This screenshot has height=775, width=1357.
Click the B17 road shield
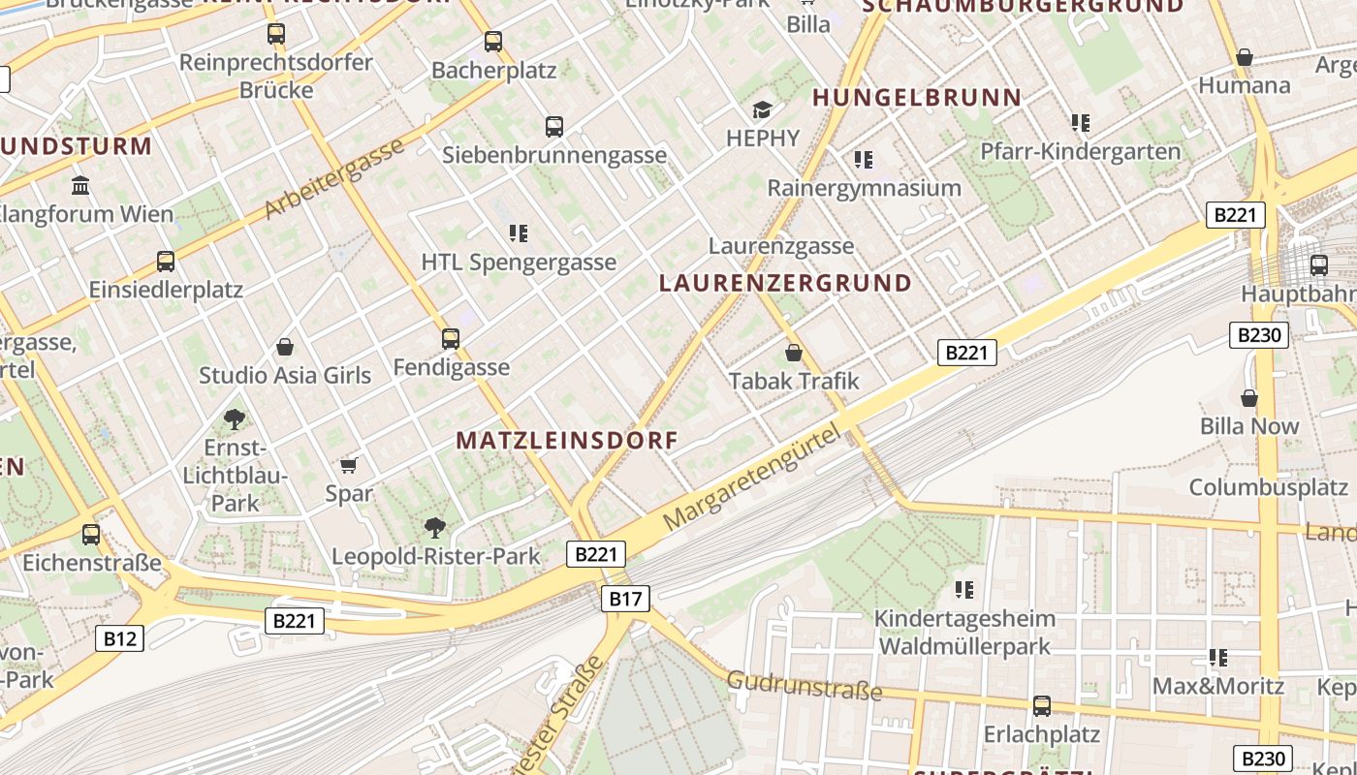(625, 599)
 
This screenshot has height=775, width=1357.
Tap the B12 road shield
(120, 638)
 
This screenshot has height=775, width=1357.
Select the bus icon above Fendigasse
(451, 339)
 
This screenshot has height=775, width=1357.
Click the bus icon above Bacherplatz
(493, 42)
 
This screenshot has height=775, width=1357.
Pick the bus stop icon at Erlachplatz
(1042, 706)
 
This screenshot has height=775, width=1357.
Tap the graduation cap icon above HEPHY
(763, 109)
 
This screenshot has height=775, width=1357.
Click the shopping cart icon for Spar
(349, 465)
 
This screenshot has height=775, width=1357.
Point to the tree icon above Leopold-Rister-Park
(435, 528)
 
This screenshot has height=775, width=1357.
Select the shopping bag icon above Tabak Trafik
(794, 353)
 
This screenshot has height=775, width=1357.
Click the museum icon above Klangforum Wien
(80, 185)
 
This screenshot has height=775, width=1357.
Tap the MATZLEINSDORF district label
(567, 441)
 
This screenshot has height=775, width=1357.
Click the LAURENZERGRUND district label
(785, 283)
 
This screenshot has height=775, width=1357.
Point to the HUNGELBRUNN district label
(917, 98)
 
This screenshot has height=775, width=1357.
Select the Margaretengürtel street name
(752, 480)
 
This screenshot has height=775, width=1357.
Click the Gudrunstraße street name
(805, 686)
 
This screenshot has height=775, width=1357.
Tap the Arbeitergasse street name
(333, 178)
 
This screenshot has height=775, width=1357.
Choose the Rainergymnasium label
(864, 188)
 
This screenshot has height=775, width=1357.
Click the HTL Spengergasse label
(519, 263)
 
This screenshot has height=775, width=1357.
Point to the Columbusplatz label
(1269, 487)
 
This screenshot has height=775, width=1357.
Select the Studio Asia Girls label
(285, 376)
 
